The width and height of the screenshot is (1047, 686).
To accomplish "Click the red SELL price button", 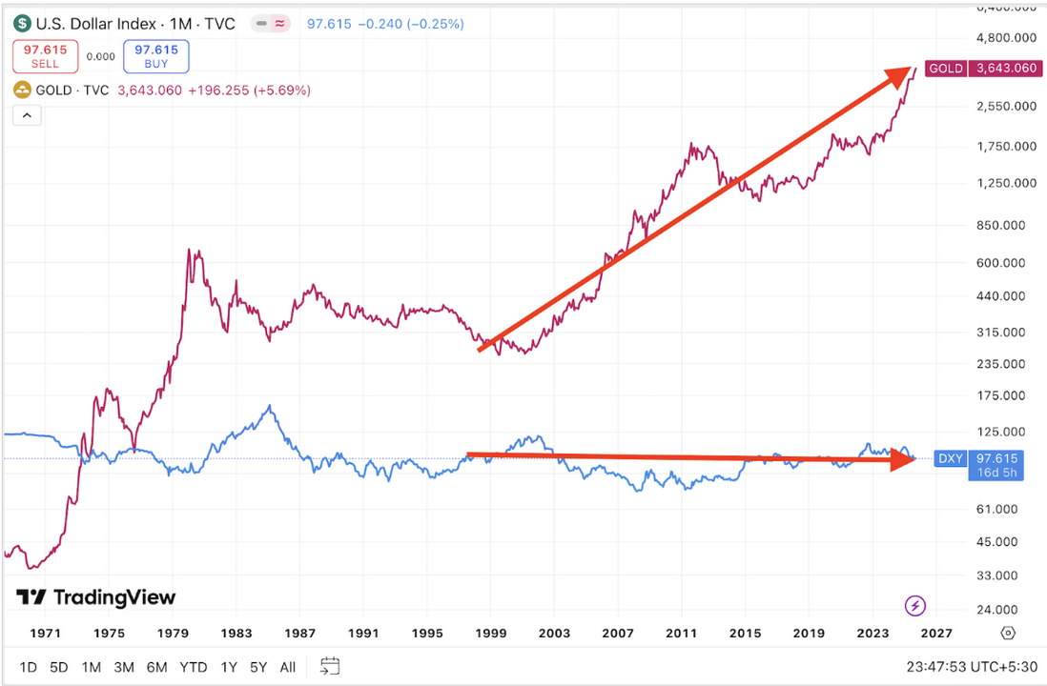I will click(x=45, y=56).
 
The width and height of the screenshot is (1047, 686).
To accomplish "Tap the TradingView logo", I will click(x=96, y=597).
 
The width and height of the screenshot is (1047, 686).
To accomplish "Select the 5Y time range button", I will click(x=258, y=667).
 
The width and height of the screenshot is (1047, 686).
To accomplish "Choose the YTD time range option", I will click(x=193, y=667).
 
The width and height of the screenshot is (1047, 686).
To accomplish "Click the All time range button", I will click(x=288, y=667).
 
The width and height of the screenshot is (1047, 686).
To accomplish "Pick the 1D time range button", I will click(x=29, y=667).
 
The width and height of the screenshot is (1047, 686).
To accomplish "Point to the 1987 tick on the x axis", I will click(x=300, y=633).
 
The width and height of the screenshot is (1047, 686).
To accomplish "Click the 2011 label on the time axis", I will click(x=682, y=633).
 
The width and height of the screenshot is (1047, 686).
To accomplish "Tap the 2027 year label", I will click(x=936, y=633).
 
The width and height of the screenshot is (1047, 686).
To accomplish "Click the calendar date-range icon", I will click(x=330, y=666).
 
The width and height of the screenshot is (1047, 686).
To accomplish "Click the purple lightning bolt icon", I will click(x=914, y=605).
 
